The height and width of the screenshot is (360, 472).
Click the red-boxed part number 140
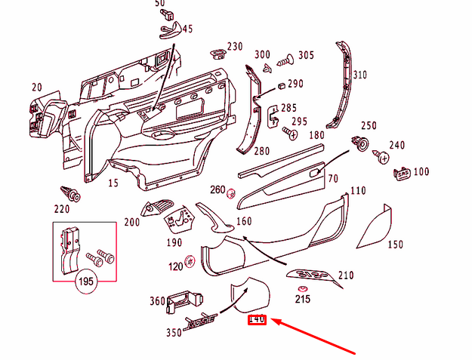point(257,320)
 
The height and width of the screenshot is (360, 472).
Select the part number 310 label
point(359,75)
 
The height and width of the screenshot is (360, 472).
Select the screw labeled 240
point(382,157)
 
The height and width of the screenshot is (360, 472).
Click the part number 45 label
point(186,29)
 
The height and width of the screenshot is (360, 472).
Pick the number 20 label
point(36,88)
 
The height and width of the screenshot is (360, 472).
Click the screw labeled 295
point(288,134)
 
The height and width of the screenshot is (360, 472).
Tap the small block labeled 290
point(280,85)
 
